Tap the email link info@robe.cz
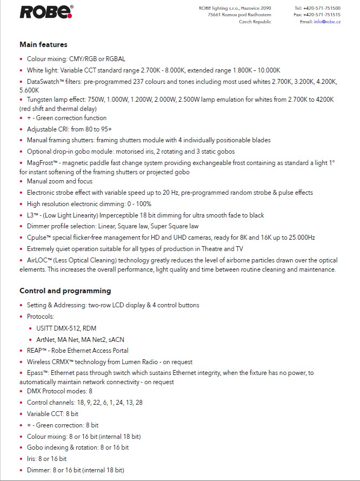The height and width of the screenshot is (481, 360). [327, 22]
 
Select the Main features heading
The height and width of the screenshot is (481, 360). [43, 44]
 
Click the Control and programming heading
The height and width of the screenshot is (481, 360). [65, 291]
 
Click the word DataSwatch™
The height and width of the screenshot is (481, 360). [46, 81]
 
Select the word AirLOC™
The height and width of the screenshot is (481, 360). [39, 260]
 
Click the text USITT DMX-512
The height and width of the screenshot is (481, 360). [57, 328]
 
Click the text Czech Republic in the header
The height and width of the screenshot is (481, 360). [255, 22]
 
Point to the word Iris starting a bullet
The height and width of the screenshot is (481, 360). [31, 459]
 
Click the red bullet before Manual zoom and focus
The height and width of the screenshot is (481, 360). [21, 181]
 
